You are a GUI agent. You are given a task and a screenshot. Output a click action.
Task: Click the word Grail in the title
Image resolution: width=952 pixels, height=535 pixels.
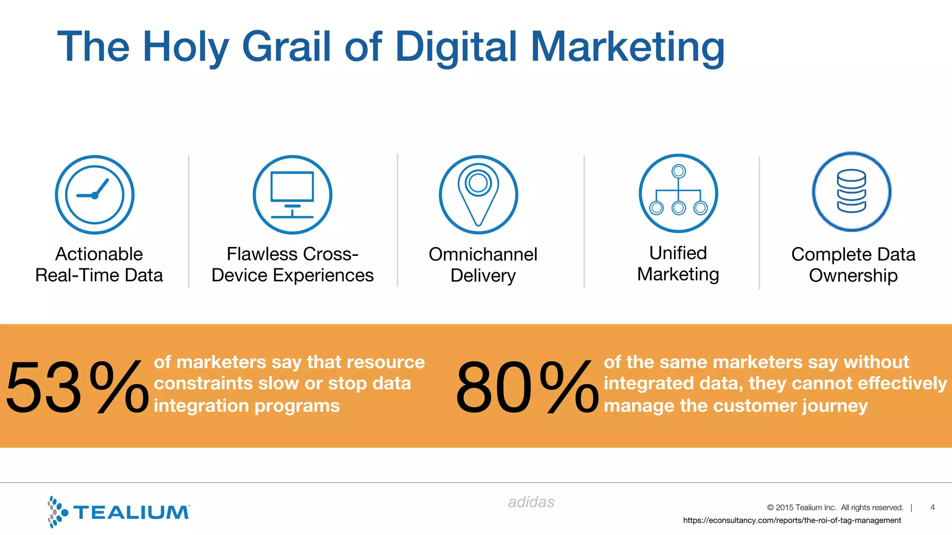[x=287, y=46]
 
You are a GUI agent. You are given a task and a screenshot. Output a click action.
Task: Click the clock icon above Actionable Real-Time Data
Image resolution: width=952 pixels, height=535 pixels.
[x=95, y=195]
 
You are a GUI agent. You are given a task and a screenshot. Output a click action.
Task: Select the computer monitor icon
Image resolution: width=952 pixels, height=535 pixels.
[x=292, y=195]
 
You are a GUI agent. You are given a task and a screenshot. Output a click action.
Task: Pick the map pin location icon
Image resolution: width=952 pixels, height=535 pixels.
[x=478, y=195]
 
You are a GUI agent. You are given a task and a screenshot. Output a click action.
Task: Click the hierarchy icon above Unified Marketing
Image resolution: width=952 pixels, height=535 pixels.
[x=678, y=193]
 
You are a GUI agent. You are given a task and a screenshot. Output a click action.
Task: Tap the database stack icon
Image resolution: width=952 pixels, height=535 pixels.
[x=852, y=191]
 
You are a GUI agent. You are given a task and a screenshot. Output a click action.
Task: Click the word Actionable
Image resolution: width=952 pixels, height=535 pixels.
[x=99, y=254]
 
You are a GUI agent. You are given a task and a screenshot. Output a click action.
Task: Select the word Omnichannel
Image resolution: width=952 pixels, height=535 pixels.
[x=483, y=254]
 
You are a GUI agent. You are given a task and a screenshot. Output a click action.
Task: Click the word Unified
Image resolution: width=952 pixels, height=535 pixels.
[x=678, y=253]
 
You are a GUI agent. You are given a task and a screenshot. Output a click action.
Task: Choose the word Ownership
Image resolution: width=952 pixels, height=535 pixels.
[x=853, y=275]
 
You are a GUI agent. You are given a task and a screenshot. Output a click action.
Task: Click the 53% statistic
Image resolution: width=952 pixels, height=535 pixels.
[x=77, y=387]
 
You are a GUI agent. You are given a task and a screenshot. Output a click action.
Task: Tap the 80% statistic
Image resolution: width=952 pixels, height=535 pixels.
[x=527, y=387]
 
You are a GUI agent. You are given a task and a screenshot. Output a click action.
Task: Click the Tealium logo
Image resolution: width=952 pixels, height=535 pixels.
[x=119, y=512]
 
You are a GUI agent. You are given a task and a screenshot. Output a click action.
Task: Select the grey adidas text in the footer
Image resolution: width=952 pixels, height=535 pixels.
[x=531, y=502]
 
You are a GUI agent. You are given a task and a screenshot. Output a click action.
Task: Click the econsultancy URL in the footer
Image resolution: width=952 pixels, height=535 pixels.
[x=792, y=520]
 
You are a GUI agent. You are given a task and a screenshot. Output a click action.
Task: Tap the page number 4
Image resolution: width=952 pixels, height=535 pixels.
[x=932, y=507]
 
